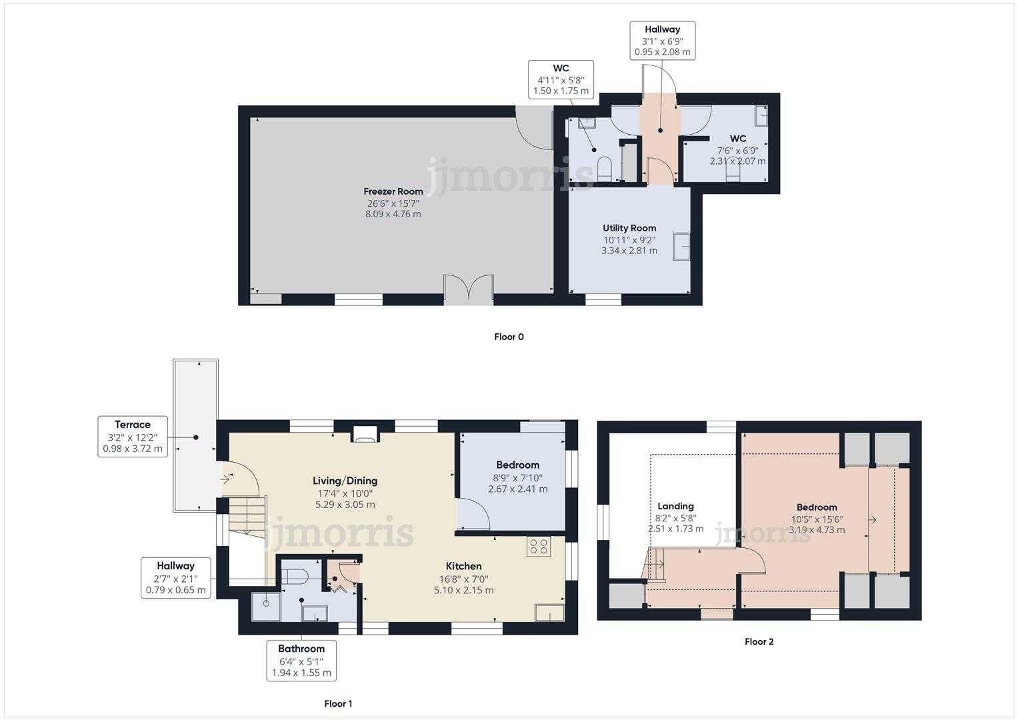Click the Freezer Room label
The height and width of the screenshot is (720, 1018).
pyautogui.click(x=393, y=191)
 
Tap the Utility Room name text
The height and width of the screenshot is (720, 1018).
pyautogui.click(x=629, y=228)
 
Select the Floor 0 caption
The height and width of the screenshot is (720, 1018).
pyautogui.click(x=509, y=337)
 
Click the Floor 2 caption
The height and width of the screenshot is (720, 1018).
pyautogui.click(x=759, y=642)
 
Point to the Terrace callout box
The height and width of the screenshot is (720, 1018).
pyautogui.click(x=133, y=437)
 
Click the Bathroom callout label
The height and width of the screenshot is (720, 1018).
pyautogui.click(x=301, y=660)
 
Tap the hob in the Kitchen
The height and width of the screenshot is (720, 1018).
pyautogui.click(x=538, y=547)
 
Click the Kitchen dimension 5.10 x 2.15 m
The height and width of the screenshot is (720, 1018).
pyautogui.click(x=463, y=590)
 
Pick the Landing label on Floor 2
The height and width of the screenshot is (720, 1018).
pyautogui.click(x=675, y=506)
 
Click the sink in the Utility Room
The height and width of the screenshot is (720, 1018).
pyautogui.click(x=681, y=246)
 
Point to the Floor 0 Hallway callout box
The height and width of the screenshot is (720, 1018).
pyautogui.click(x=662, y=41)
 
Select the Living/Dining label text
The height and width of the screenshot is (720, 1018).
pyautogui.click(x=345, y=481)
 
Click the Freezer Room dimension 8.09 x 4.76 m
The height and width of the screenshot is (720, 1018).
pyautogui.click(x=393, y=214)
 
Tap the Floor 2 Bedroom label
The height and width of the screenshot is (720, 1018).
pyautogui.click(x=817, y=507)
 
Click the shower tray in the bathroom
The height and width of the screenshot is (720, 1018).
pyautogui.click(x=266, y=606)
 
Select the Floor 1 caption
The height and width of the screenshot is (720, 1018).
pyautogui.click(x=338, y=703)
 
